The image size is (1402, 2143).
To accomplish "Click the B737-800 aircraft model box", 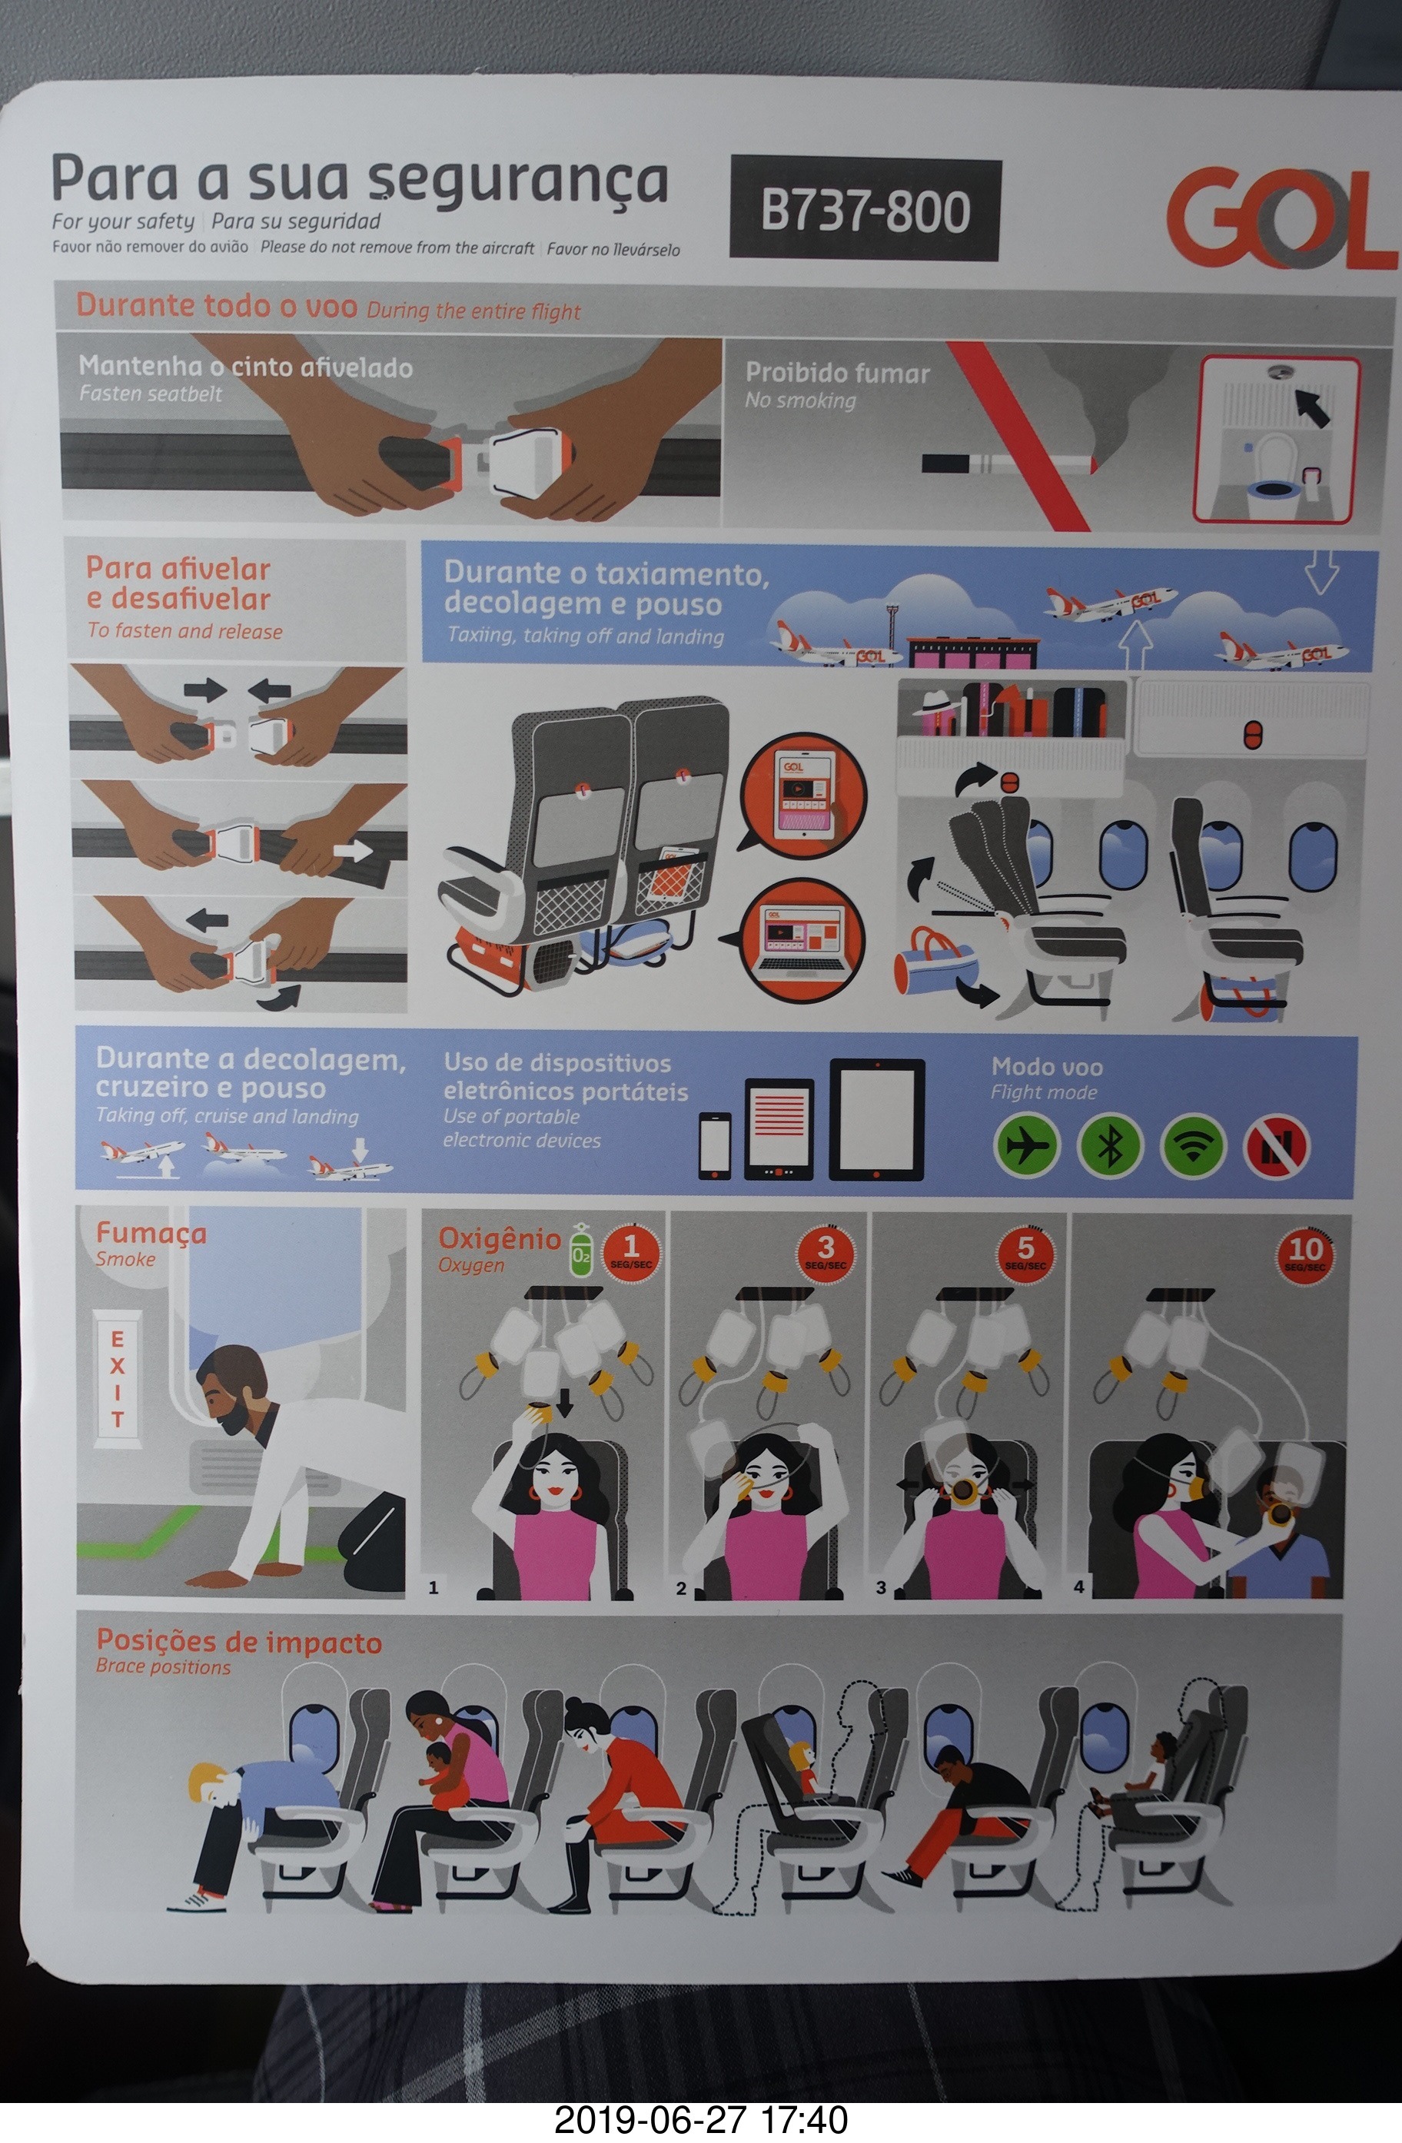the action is pos(865,210).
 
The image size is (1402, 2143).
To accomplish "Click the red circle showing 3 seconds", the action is pos(825,1251).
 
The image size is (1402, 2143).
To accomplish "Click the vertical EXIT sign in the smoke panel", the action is pos(117,1378).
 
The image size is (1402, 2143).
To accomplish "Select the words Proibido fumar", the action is pos(837,374).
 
